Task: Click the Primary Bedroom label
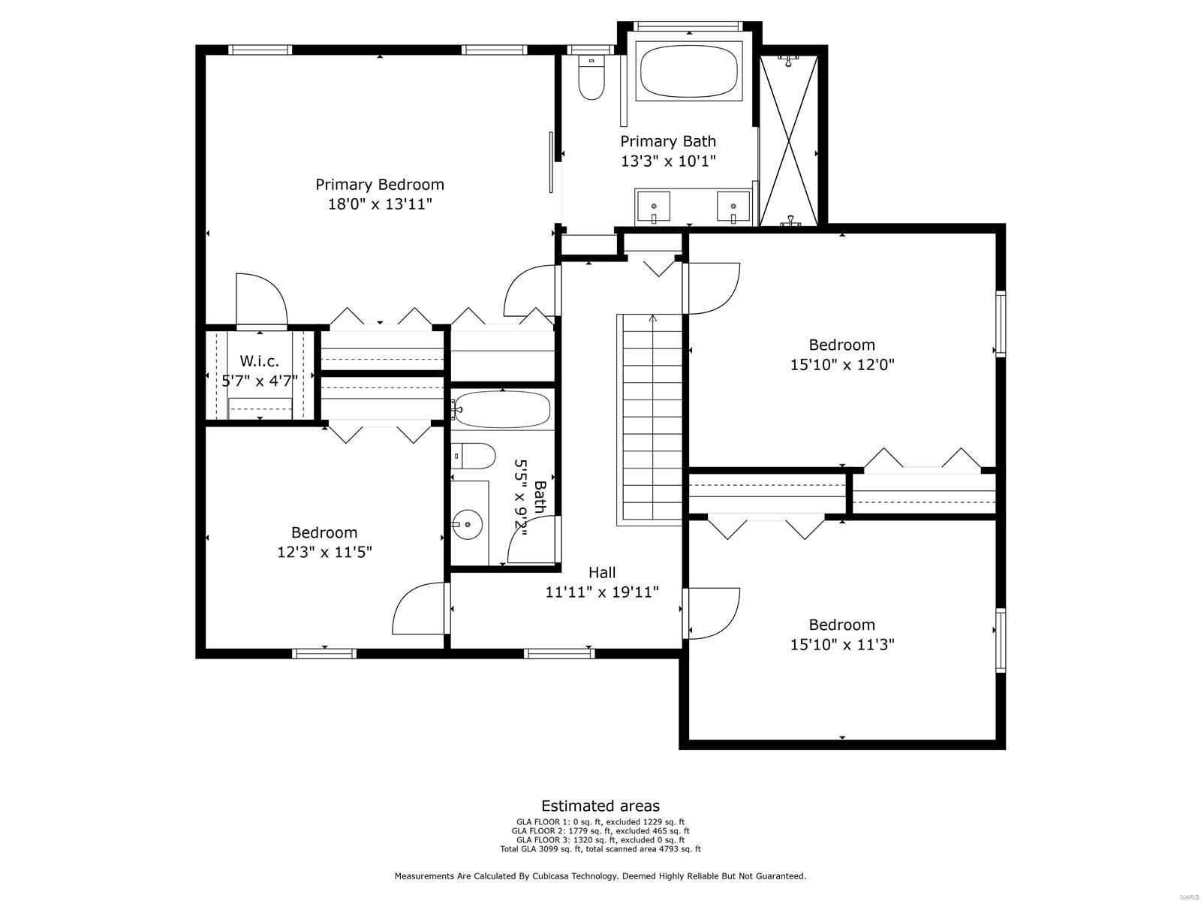click(380, 185)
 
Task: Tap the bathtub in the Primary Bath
click(689, 71)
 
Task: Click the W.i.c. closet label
click(259, 361)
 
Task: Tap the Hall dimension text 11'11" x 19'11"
click(602, 592)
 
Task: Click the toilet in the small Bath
click(474, 455)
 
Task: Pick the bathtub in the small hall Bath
click(502, 410)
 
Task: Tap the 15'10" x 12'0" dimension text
click(842, 365)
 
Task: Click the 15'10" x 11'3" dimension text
click(842, 644)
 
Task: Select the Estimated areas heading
click(600, 806)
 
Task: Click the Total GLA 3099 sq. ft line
click(600, 849)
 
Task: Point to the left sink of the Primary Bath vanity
click(654, 206)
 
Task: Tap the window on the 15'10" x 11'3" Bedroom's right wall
click(1001, 639)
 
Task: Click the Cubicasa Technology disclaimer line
click(600, 876)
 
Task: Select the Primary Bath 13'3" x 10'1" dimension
click(668, 161)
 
